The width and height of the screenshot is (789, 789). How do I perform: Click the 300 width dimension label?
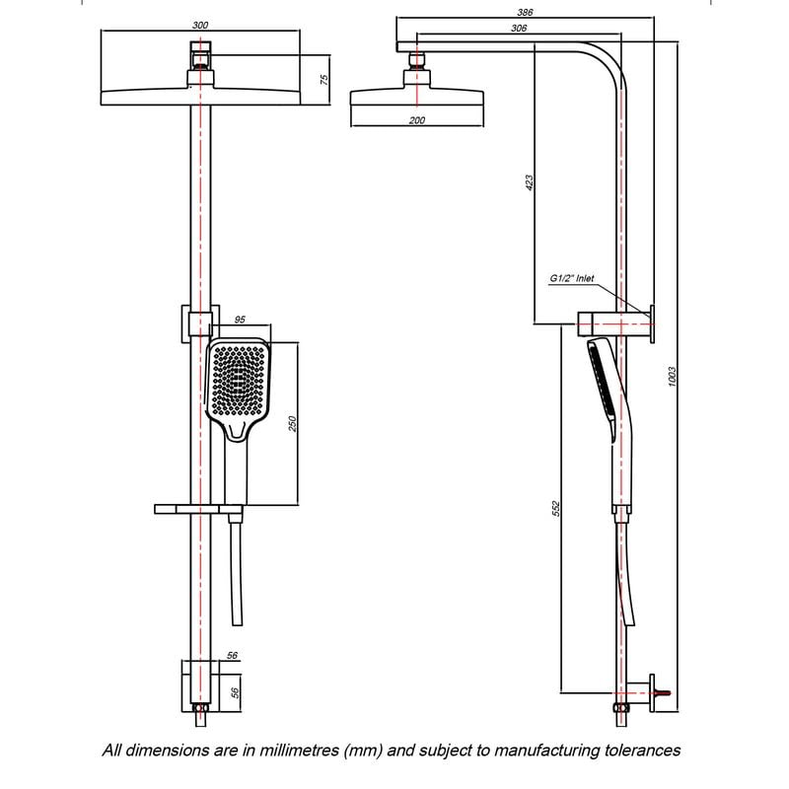pos(200,24)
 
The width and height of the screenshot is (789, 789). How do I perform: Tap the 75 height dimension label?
pos(324,79)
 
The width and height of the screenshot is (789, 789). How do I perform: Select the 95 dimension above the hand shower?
pos(241,321)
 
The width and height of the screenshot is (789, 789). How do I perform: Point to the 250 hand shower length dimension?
pos(291,423)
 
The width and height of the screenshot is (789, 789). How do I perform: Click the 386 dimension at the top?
pos(526,12)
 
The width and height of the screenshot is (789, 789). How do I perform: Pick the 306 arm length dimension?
pos(519,30)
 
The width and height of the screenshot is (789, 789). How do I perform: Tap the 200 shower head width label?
pos(416,119)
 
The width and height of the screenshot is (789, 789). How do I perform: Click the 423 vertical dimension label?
pos(529,182)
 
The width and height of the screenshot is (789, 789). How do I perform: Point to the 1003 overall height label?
pos(674,381)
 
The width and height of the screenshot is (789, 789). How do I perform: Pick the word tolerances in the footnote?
pos(642,751)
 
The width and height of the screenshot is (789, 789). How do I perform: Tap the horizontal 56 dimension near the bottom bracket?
pos(233,655)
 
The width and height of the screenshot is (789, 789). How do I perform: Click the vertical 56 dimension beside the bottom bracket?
pos(235,692)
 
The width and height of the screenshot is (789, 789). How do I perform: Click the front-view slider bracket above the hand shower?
pos(194,323)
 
